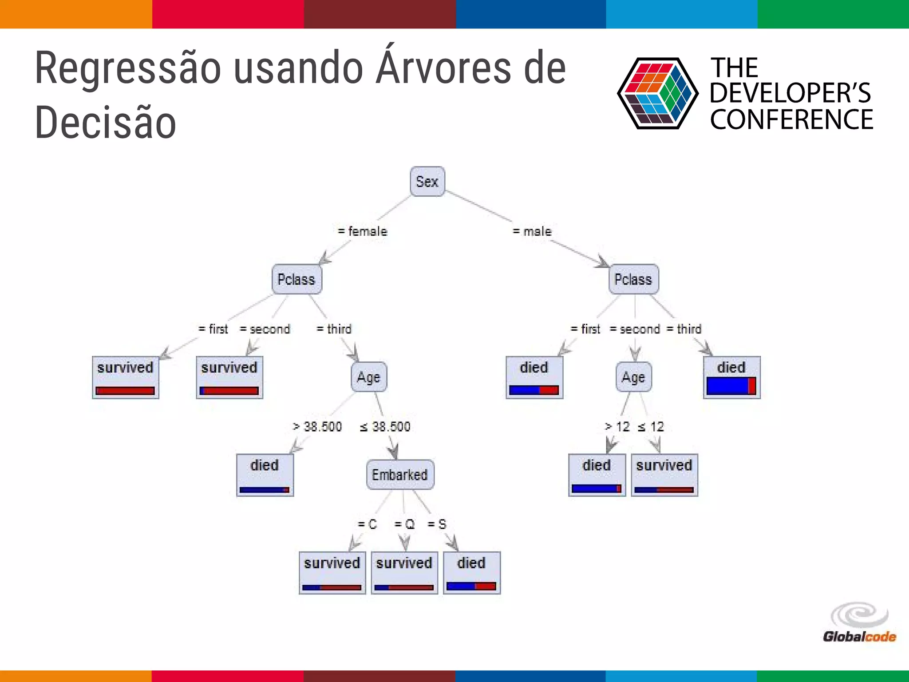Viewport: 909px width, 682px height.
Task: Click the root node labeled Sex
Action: [427, 181]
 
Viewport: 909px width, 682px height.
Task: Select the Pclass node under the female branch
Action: [296, 279]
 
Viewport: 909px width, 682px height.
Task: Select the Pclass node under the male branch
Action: [633, 279]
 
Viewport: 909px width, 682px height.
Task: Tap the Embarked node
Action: [400, 475]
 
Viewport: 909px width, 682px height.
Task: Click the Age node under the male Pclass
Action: [633, 377]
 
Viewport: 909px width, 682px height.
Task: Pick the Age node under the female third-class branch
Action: [368, 377]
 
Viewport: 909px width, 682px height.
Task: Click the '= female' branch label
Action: [362, 231]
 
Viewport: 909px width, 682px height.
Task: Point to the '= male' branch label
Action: [532, 231]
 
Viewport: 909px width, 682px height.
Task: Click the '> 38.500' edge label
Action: [317, 427]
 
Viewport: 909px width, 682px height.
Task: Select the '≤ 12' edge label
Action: [651, 427]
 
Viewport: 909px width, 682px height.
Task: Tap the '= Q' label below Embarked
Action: [404, 524]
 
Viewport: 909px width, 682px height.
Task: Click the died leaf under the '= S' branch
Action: [471, 573]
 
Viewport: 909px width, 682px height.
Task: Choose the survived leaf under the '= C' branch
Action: [332, 573]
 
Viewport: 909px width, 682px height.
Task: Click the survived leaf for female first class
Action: [125, 377]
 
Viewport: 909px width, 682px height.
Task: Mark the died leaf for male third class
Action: [731, 377]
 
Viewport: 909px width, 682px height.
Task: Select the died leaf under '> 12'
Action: [597, 475]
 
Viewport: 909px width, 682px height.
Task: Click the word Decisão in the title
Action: [106, 123]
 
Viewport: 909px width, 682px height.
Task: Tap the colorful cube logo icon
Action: [657, 93]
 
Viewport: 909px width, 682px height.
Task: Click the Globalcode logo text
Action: [859, 637]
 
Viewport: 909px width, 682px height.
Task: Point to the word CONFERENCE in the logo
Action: [791, 119]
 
